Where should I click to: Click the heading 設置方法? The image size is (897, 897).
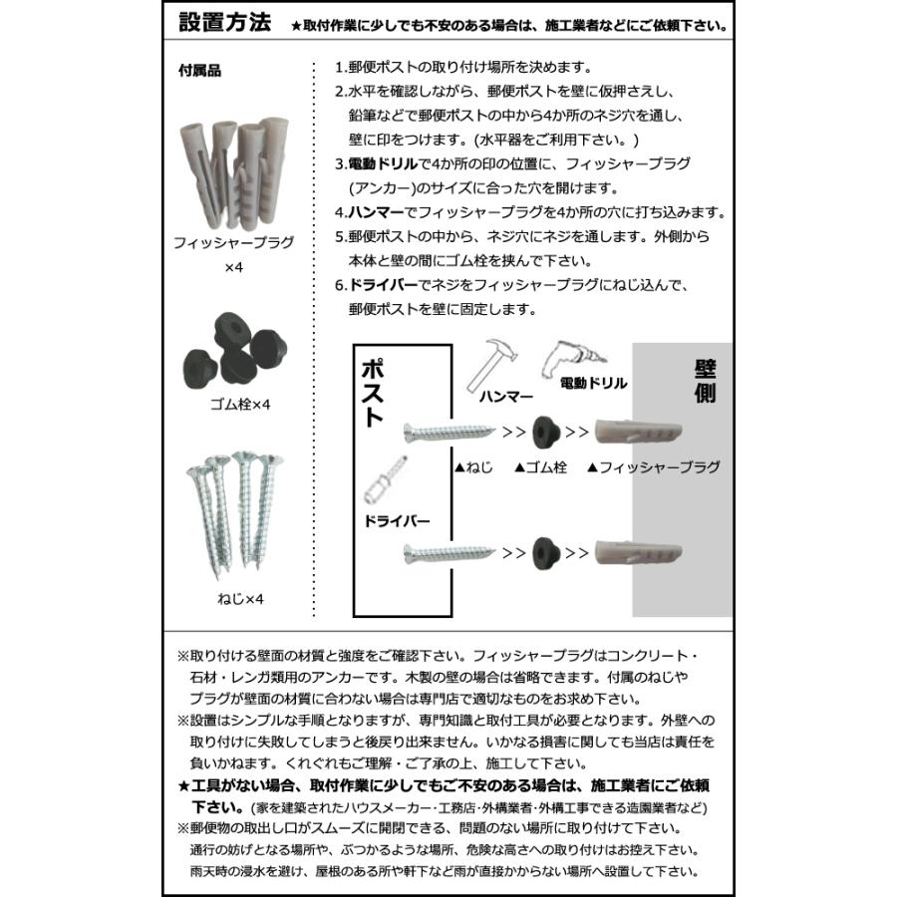click(224, 23)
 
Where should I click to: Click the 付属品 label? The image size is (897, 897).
click(199, 72)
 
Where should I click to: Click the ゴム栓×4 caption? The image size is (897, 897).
click(233, 404)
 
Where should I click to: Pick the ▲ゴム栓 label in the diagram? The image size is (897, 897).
click(540, 466)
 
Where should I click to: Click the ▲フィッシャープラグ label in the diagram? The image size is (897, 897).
click(653, 466)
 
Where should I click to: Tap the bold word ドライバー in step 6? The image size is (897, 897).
click(383, 285)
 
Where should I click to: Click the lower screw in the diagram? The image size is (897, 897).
click(448, 548)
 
